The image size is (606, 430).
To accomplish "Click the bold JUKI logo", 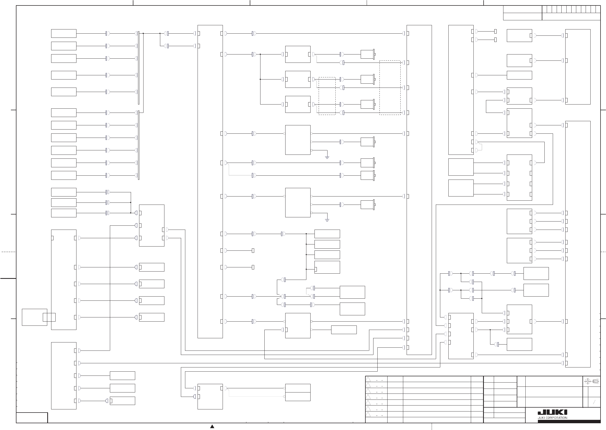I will (x=552, y=413).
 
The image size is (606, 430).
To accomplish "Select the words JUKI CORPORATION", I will (x=552, y=418).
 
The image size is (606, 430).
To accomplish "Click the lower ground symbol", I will (x=327, y=220).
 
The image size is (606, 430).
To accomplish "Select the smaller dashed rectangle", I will (x=327, y=96).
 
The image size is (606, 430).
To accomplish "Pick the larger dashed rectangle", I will (x=390, y=88).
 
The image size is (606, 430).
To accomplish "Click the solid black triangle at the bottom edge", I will (x=212, y=426).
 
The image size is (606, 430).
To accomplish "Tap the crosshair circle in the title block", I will (x=587, y=382).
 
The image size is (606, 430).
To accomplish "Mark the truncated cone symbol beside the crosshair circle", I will (x=595, y=382).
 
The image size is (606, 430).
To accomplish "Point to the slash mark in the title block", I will (x=594, y=402).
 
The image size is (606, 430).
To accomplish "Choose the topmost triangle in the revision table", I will (x=368, y=379).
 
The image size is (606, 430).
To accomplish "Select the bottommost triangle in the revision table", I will (x=368, y=414).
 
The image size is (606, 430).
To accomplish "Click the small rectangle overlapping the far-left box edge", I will (x=49, y=317).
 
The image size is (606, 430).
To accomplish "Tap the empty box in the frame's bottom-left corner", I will (x=32, y=417).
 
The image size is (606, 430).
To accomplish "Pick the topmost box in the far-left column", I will (x=64, y=34).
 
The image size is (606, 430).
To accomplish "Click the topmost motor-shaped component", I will (x=368, y=54).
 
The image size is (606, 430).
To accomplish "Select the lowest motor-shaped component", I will (x=368, y=205).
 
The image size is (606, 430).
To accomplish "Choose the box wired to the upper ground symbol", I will (x=298, y=140).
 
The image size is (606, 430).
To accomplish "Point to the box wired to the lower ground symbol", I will (x=298, y=202).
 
